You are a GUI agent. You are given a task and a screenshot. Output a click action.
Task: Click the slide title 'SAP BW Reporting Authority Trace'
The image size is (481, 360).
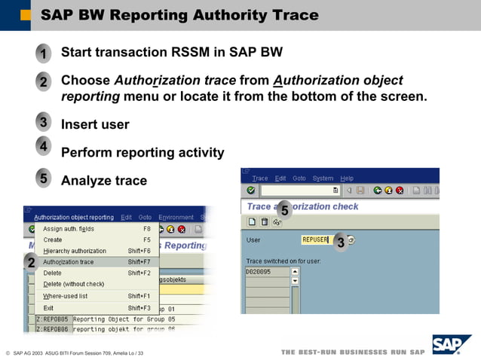(x=179, y=15)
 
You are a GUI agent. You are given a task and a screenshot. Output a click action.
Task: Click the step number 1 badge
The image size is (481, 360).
(x=44, y=54)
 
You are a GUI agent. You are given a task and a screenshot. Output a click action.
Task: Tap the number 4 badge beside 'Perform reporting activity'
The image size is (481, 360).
(x=44, y=146)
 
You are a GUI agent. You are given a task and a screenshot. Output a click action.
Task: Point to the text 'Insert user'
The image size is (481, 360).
(x=95, y=124)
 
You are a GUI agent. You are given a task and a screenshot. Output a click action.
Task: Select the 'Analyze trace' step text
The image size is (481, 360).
(x=104, y=180)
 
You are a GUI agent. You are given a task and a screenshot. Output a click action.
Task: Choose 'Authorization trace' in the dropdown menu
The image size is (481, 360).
(x=69, y=262)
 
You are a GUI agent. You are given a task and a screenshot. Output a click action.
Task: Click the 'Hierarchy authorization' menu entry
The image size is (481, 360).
(x=75, y=251)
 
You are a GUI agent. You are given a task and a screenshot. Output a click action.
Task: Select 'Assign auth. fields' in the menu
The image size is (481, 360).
(x=69, y=229)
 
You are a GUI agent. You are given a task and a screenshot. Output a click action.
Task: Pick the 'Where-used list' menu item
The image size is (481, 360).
(x=66, y=296)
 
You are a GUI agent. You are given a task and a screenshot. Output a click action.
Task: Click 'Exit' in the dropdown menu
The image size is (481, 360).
(x=48, y=308)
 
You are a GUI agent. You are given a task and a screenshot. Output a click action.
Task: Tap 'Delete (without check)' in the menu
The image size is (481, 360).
(x=73, y=284)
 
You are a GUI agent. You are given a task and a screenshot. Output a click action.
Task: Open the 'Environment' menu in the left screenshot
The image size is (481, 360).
(x=176, y=217)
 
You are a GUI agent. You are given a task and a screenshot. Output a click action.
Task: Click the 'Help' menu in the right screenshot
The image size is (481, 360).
(x=346, y=178)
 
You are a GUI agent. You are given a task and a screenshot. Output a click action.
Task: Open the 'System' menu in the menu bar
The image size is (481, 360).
(x=323, y=178)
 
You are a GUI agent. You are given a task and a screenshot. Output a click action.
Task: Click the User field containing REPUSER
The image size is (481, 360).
(x=314, y=240)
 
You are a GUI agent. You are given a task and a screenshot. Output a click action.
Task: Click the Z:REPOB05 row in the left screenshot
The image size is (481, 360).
(x=53, y=319)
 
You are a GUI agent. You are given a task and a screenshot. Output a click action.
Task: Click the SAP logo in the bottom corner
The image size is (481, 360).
(x=450, y=346)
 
